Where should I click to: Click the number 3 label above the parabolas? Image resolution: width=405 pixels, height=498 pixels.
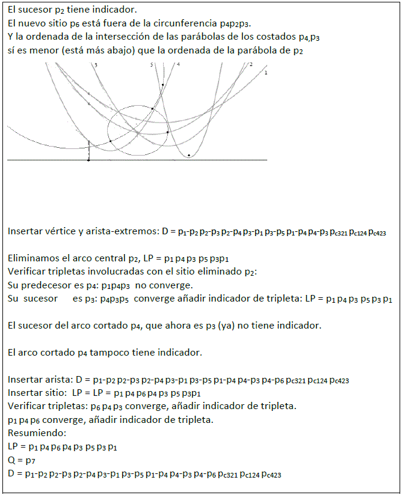pyautogui.click(x=96, y=64)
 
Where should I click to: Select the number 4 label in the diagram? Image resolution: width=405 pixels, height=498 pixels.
pyautogui.click(x=178, y=64)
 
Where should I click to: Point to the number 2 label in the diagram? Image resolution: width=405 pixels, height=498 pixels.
pyautogui.click(x=250, y=64)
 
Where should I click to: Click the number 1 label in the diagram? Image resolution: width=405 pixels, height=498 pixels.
pyautogui.click(x=265, y=72)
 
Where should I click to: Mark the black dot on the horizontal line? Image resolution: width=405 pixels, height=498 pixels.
pyautogui.click(x=88, y=160)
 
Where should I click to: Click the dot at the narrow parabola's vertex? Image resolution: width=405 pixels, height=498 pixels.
pyautogui.click(x=189, y=155)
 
